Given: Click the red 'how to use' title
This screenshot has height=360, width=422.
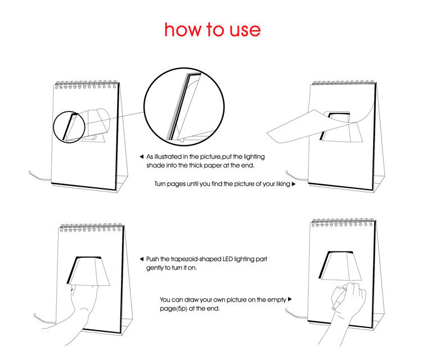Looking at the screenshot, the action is (x=212, y=29).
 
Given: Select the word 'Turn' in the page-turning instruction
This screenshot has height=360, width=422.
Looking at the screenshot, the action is (x=160, y=184).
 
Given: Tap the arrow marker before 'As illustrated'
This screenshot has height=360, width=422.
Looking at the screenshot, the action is (x=142, y=156).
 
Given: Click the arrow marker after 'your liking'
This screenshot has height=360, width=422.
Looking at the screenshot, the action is (x=294, y=184).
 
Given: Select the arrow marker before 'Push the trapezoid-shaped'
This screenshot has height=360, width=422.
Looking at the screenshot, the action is (x=142, y=259).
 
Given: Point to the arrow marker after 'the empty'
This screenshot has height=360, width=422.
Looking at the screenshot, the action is (x=290, y=299).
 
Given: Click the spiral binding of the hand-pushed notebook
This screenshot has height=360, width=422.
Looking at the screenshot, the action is (x=92, y=227).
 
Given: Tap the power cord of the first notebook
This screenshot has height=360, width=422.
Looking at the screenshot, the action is (x=39, y=176).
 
